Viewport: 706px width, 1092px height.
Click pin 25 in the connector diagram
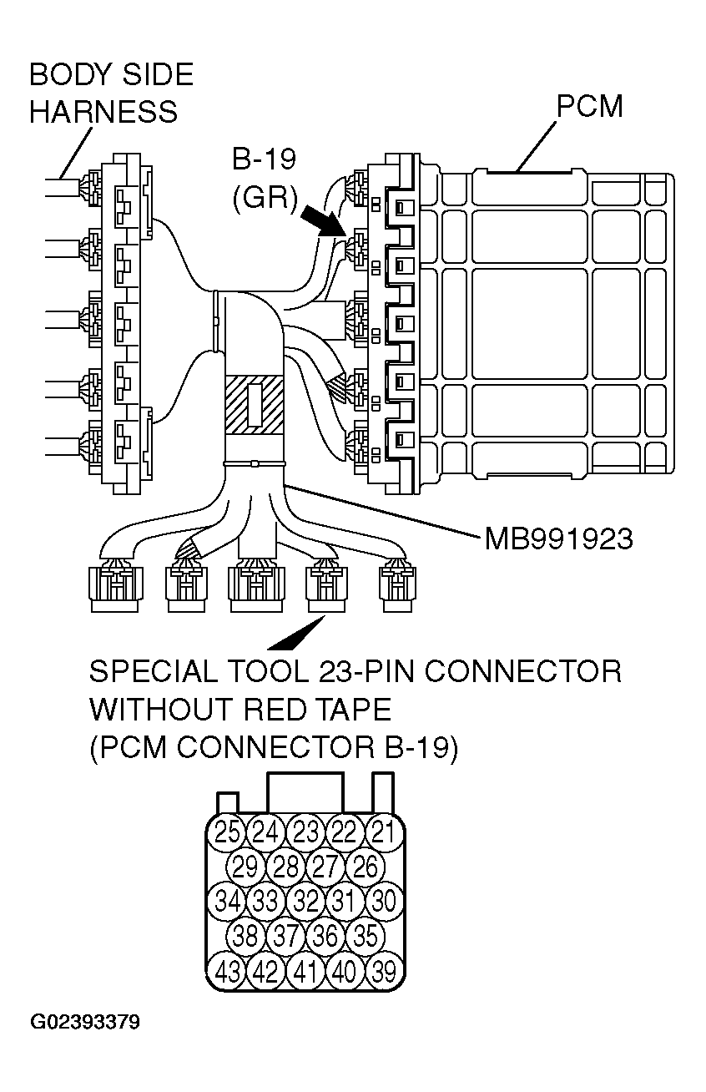point(227,831)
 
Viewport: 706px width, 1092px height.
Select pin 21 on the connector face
point(383,831)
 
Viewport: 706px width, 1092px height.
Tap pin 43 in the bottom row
point(227,972)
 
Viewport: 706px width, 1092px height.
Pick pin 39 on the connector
point(383,972)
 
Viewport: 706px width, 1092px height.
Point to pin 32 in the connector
point(305,901)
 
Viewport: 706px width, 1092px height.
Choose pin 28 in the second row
point(285,866)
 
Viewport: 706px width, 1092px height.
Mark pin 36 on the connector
point(325,936)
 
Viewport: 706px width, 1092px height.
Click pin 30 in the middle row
point(383,901)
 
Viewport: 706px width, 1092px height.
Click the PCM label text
point(589,107)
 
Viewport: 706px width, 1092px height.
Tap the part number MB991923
point(558,538)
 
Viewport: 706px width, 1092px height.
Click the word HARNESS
point(103,112)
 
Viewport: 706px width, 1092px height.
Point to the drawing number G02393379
point(85,1022)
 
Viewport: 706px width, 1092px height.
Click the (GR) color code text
point(264,198)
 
